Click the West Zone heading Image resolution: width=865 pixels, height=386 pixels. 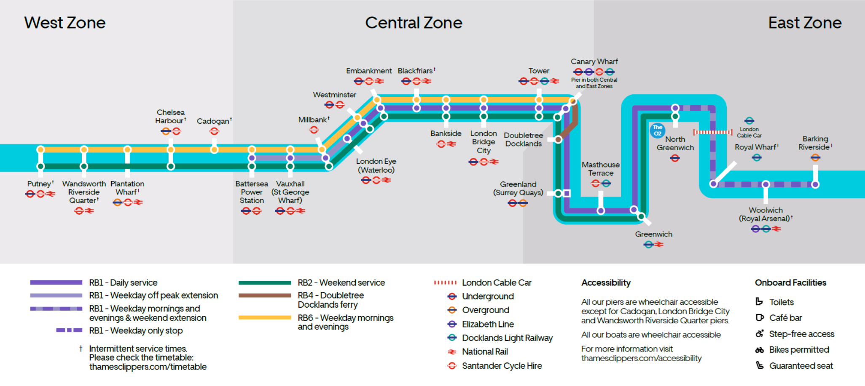click(64, 23)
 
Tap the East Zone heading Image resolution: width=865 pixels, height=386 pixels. click(805, 23)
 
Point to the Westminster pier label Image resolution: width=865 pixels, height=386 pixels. click(334, 95)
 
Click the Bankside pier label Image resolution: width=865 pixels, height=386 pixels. click(446, 133)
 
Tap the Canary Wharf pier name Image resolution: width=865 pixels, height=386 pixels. click(594, 61)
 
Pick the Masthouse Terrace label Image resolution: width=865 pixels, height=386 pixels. click(601, 169)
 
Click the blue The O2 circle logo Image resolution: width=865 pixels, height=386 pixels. click(658, 130)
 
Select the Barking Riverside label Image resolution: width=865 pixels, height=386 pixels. click(815, 143)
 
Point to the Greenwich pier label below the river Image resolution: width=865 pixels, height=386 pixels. click(654, 234)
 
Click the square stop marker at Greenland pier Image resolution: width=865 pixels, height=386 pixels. click(567, 193)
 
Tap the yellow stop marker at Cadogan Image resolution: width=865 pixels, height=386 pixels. click(214, 149)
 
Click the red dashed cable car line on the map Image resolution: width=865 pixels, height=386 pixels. click(713, 132)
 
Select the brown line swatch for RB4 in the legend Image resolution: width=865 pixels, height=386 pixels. click(265, 295)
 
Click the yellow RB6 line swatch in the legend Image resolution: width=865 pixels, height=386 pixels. click(265, 318)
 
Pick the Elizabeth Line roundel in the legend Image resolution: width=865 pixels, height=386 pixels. click(452, 324)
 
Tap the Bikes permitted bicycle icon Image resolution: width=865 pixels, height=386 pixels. click(759, 350)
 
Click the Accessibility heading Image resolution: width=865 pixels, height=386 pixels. click(606, 283)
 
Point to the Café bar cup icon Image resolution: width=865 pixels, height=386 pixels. click(759, 318)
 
